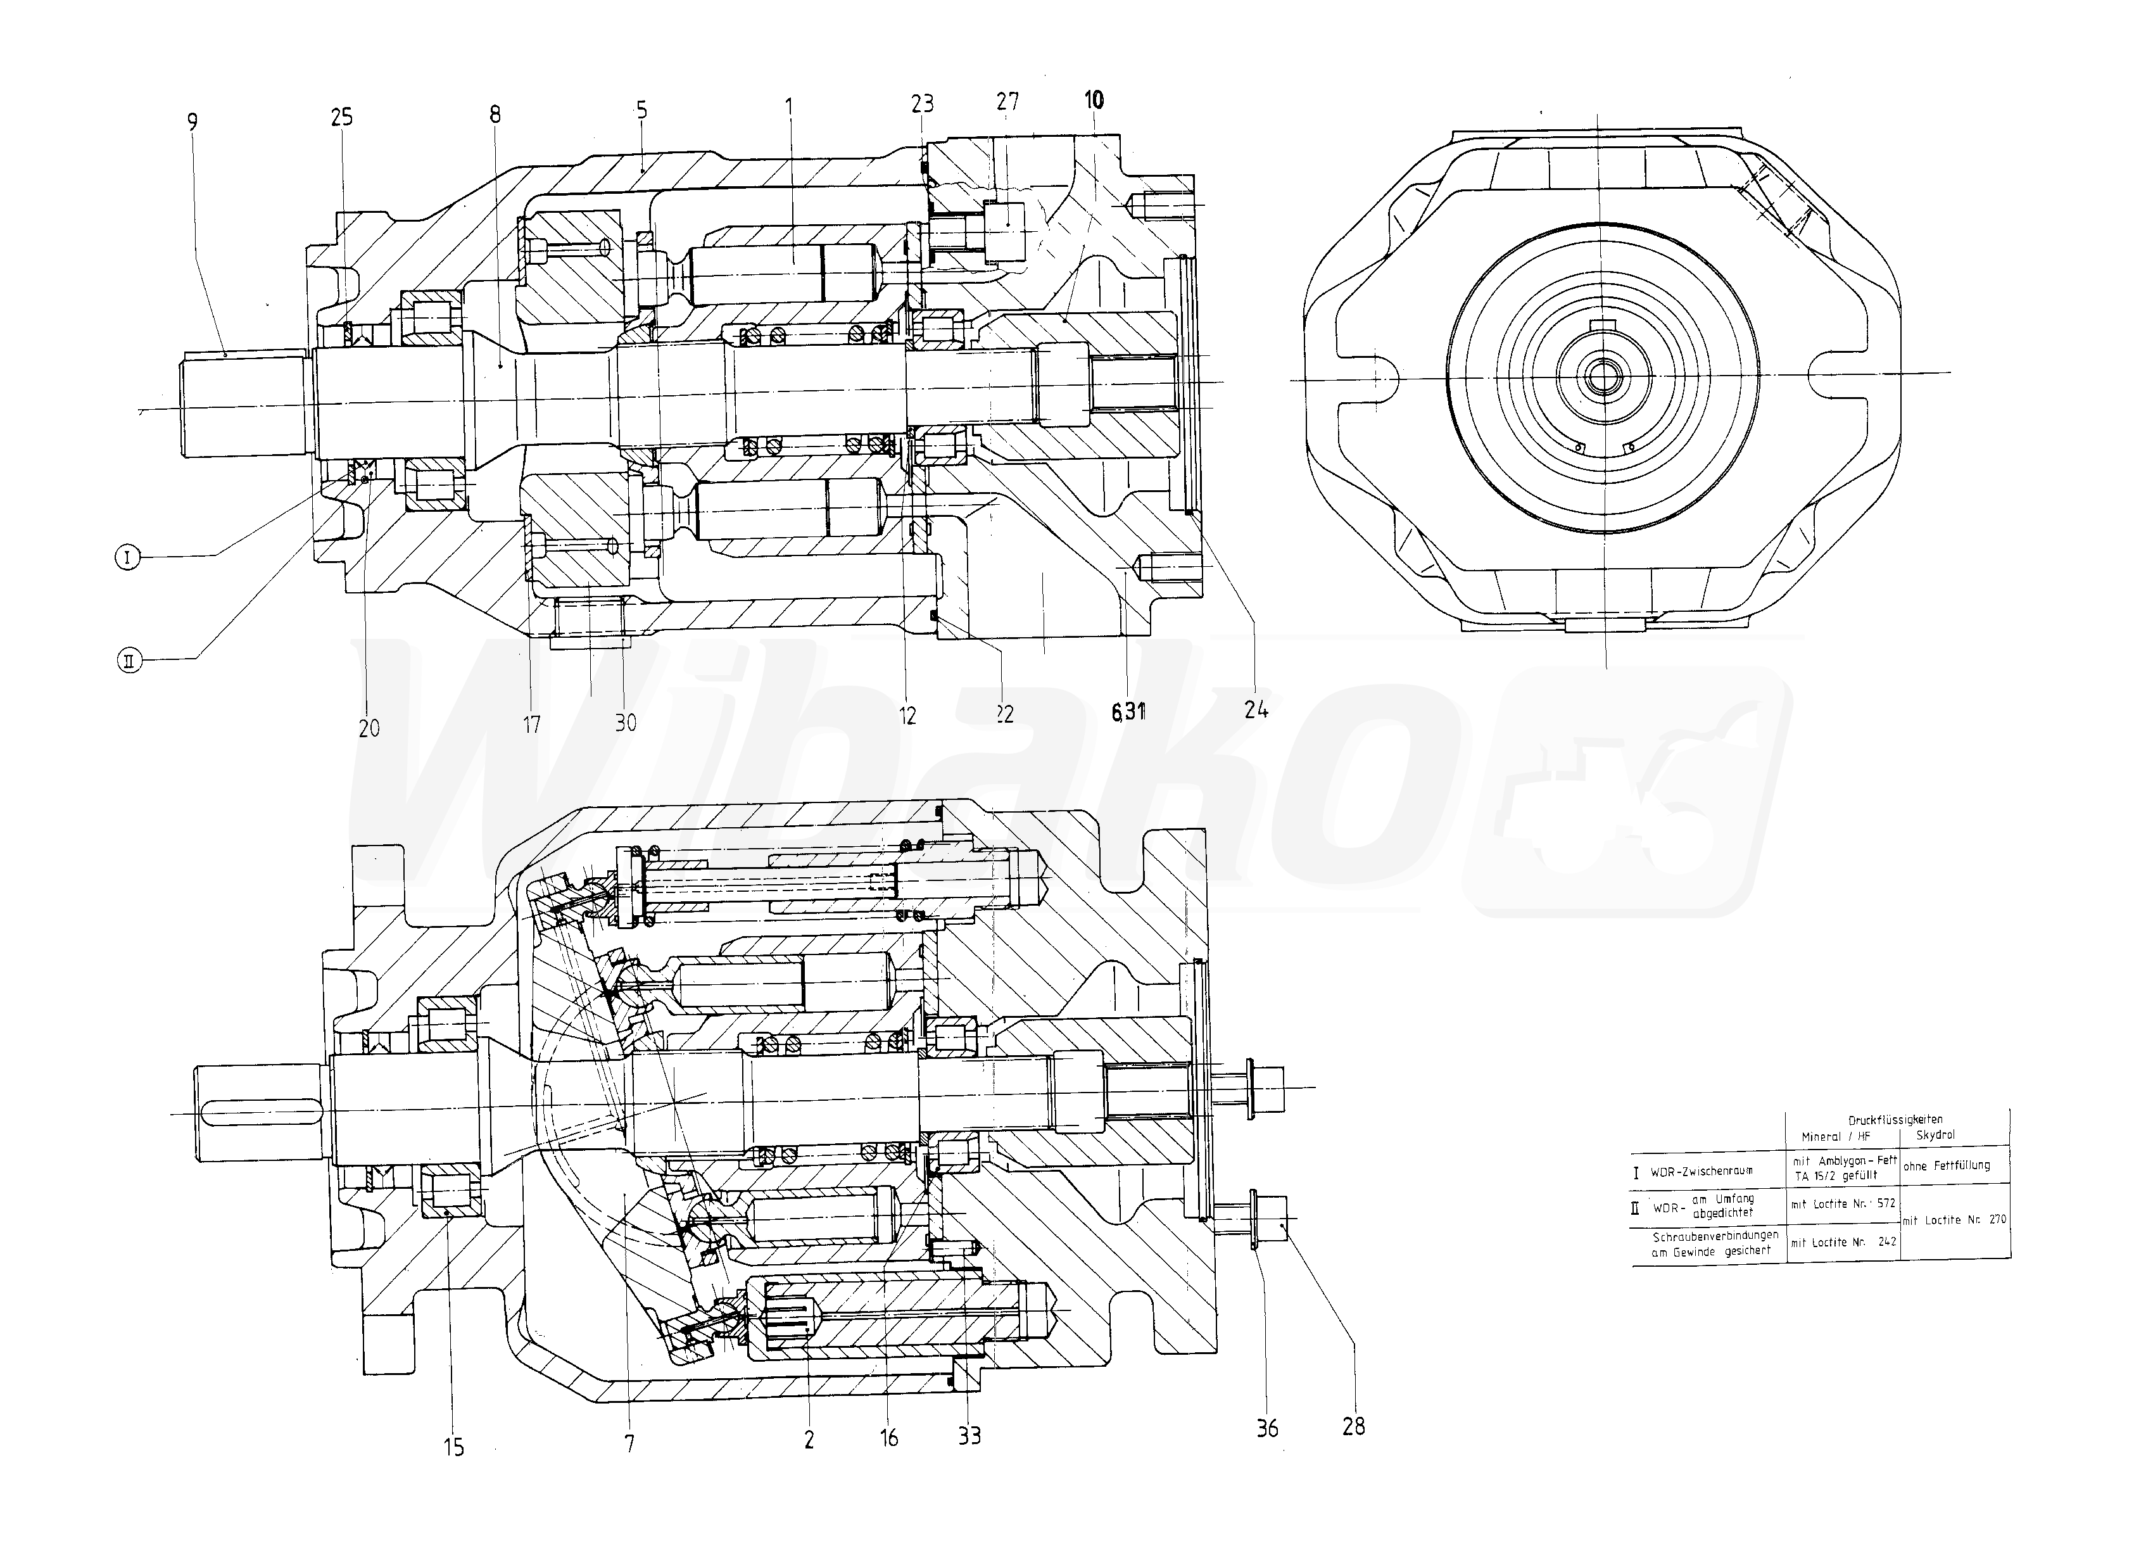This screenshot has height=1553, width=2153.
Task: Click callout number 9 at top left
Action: pyautogui.click(x=193, y=122)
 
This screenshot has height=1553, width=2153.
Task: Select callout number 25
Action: pyautogui.click(x=342, y=117)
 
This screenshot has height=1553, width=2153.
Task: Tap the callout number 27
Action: pyautogui.click(x=1007, y=101)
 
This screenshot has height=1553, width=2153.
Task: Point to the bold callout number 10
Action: pyautogui.click(x=1094, y=99)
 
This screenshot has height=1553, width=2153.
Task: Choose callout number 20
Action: pyautogui.click(x=369, y=728)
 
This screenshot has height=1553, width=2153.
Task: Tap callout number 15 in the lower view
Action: pyautogui.click(x=454, y=1447)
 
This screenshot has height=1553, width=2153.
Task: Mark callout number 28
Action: pyautogui.click(x=1354, y=1426)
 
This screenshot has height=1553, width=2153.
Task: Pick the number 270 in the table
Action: pyautogui.click(x=1997, y=1219)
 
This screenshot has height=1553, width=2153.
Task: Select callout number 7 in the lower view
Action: pyautogui.click(x=629, y=1444)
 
